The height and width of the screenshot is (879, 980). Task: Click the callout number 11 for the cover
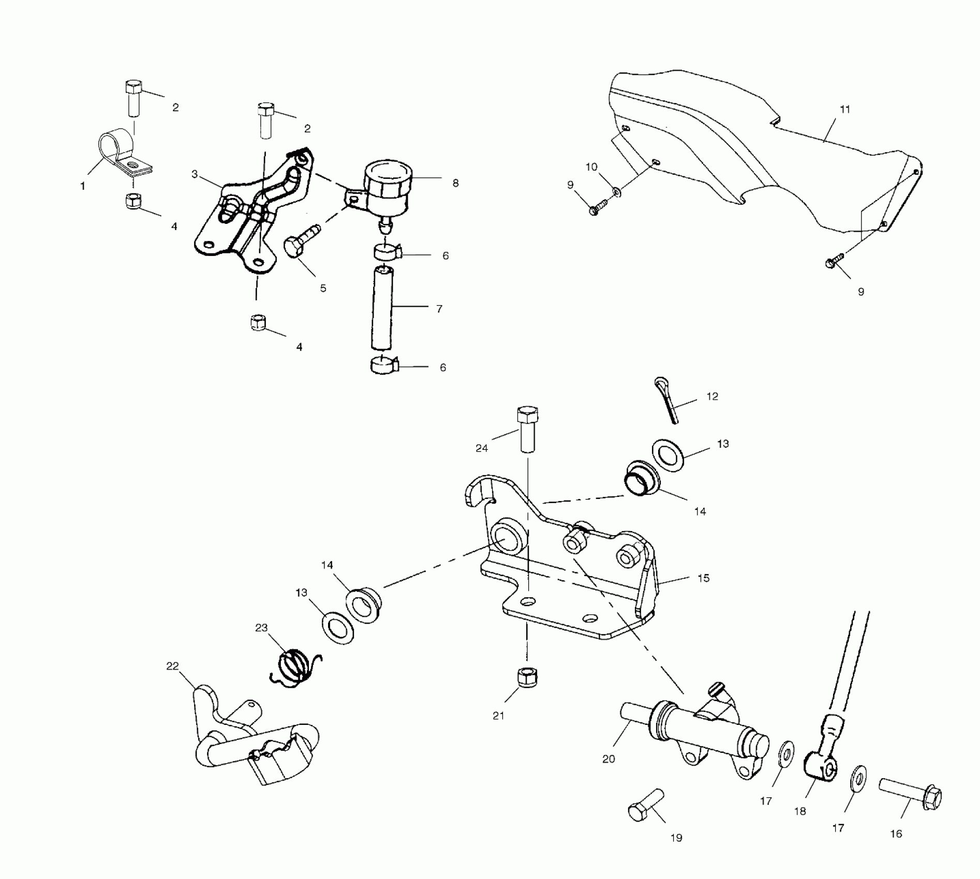pyautogui.click(x=845, y=110)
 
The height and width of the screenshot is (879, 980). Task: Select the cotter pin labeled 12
pyautogui.click(x=667, y=400)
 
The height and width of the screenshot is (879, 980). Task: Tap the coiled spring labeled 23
pyautogui.click(x=293, y=668)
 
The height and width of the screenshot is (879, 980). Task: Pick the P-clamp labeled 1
pyautogui.click(x=120, y=153)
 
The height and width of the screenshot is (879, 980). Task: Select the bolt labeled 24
pyautogui.click(x=527, y=429)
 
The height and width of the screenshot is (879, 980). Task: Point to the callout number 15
pyautogui.click(x=703, y=578)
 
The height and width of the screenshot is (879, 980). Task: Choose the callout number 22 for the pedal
pyautogui.click(x=172, y=666)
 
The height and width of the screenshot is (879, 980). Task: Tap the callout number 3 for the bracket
pyautogui.click(x=195, y=174)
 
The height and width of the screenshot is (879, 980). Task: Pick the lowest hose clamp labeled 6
pyautogui.click(x=383, y=366)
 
